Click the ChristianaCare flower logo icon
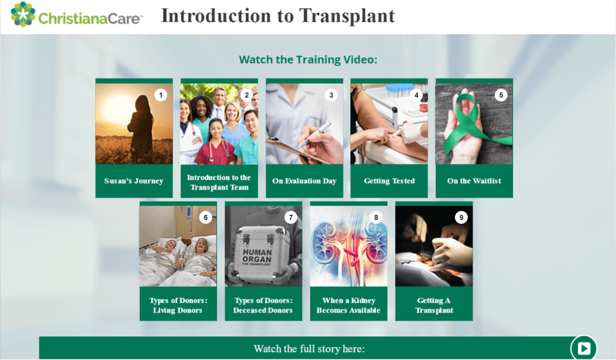23,14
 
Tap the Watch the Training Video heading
308,60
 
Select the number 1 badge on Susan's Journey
161,95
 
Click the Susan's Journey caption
134,181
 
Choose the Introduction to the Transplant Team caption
219,182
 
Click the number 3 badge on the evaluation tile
331,95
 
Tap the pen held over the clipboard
315,135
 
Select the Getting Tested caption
389,181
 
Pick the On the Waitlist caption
474,181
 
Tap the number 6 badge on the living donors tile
205,218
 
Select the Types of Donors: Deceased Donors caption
263,305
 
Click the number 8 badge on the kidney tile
376,218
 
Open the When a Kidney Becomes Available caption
348,305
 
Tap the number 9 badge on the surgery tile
461,218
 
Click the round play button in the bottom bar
584,348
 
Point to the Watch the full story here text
309,349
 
